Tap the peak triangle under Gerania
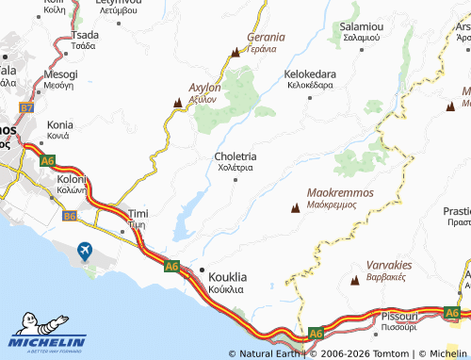pyautogui.click(x=235, y=54)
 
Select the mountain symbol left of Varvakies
pyautogui.click(x=355, y=281)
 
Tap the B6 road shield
pyautogui.click(x=70, y=217)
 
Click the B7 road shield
pyautogui.click(x=27, y=108)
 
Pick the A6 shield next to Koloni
pyautogui.click(x=48, y=161)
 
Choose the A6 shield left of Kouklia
pyautogui.click(x=171, y=267)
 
